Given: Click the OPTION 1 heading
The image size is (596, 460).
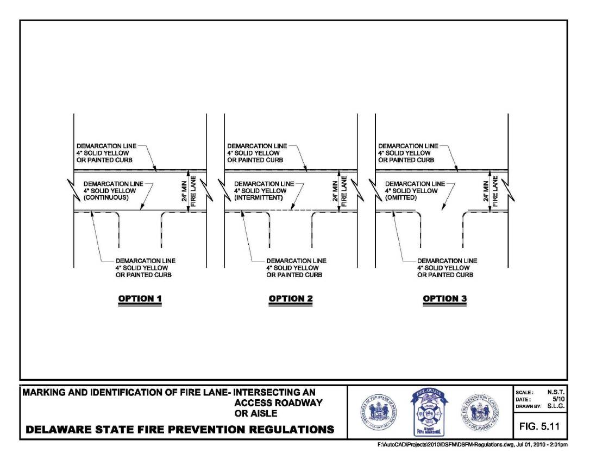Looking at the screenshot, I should pyautogui.click(x=140, y=298).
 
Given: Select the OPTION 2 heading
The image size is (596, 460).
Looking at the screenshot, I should pyautogui.click(x=291, y=298).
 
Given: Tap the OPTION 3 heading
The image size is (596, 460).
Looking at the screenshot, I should pyautogui.click(x=444, y=298).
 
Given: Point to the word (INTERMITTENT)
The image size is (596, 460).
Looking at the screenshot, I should pyautogui.click(x=259, y=198).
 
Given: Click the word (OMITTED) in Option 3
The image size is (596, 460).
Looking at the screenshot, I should pyautogui.click(x=401, y=198).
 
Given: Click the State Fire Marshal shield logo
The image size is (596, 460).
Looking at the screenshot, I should pyautogui.click(x=429, y=412).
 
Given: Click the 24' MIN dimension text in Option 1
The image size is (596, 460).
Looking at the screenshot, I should pyautogui.click(x=184, y=191).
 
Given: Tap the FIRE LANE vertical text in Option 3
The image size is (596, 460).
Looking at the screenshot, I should pyautogui.click(x=495, y=191).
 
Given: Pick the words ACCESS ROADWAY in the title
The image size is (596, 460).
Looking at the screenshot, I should pyautogui.click(x=278, y=403).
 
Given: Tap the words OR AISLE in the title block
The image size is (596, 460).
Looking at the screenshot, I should pyautogui.click(x=255, y=413).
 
